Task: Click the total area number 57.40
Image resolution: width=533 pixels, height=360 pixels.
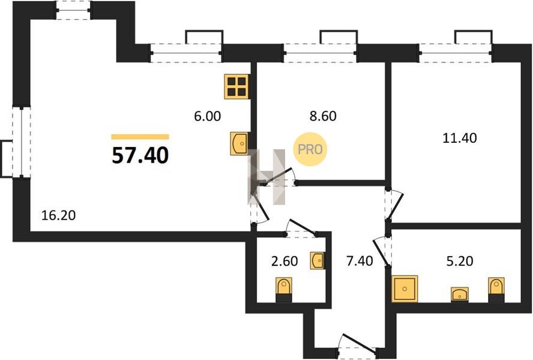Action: coord(140,155)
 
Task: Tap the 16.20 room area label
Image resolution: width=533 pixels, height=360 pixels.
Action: coord(58,215)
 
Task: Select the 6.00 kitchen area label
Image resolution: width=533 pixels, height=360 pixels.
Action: coord(207,116)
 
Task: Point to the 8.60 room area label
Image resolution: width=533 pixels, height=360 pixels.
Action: coord(323,116)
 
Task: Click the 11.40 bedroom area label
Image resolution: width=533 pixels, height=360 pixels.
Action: coord(460,138)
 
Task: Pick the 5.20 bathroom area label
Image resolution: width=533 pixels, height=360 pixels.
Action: coord(460,261)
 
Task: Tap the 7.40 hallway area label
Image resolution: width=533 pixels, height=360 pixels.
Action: coord(360,261)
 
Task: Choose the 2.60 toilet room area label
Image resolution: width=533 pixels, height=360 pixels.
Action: coord(285,261)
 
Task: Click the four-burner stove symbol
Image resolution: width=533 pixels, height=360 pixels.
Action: coord(236,86)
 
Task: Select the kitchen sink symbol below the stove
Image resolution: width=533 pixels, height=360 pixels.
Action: coord(239,144)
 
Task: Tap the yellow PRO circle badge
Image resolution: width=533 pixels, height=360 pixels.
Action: coord(310,149)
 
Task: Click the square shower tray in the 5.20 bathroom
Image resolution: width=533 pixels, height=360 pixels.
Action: coord(405,289)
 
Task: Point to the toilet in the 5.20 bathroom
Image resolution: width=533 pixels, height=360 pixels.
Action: coord(496,290)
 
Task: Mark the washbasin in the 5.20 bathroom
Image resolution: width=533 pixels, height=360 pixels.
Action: coord(460,295)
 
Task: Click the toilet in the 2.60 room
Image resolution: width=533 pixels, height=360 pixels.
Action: coord(283,290)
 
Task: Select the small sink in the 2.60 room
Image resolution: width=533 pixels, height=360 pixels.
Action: coord(318,261)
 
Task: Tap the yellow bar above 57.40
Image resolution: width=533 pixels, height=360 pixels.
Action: coord(140,137)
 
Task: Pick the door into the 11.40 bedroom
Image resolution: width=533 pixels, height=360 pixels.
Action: coord(394,205)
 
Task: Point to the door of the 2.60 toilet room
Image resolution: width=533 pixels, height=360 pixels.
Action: coord(301,228)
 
